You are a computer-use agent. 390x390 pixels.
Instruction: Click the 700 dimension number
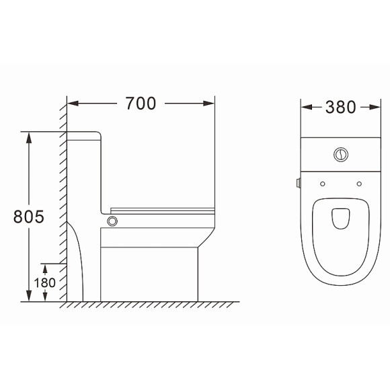click(141, 104)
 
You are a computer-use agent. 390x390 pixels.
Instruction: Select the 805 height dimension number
click(29, 217)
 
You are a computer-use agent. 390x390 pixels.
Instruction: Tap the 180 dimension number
click(45, 283)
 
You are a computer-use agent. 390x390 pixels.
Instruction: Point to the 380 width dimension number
click(340, 107)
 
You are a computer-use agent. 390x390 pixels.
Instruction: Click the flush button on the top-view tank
click(341, 155)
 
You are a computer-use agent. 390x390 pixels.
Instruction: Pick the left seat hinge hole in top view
click(323, 184)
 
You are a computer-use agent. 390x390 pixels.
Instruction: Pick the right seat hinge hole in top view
click(359, 184)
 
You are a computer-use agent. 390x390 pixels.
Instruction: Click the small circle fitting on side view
click(112, 221)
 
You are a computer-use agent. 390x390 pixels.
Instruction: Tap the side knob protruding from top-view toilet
click(299, 183)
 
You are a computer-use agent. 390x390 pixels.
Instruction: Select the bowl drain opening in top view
click(341, 219)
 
